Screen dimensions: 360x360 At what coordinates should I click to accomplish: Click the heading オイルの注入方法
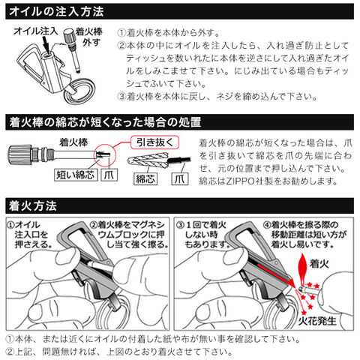56,12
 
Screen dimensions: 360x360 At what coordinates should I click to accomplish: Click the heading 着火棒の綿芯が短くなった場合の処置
105,122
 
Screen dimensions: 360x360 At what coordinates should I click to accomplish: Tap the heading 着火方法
33,205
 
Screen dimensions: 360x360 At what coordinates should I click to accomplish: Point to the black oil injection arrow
46,43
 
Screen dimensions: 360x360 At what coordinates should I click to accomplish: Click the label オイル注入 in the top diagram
36,31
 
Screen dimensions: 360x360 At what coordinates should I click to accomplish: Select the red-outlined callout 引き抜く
155,142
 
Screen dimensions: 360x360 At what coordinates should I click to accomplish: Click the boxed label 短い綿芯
76,175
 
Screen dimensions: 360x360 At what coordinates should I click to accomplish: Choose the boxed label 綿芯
145,178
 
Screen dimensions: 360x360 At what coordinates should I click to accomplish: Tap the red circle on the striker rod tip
105,155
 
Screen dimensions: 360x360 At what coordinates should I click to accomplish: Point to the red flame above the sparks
302,267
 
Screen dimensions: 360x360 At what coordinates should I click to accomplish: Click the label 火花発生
317,321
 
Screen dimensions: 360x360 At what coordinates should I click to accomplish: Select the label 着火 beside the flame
319,263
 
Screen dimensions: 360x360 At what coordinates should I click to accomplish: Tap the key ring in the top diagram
79,91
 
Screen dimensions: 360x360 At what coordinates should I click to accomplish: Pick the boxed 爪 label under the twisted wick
180,178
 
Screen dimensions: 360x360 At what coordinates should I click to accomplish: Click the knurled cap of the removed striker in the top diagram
68,36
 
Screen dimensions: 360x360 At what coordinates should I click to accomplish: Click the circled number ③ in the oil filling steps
121,96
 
